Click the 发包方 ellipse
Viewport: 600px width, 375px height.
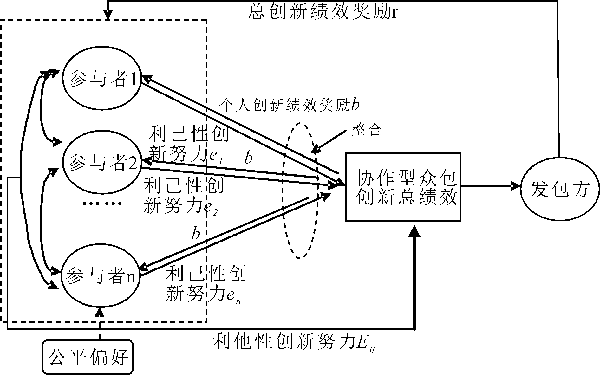(560, 189)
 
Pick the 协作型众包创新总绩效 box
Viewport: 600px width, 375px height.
(403, 187)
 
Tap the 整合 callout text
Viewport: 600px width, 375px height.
(366, 130)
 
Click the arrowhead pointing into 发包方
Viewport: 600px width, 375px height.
(515, 186)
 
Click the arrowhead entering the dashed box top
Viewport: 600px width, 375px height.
(108, 15)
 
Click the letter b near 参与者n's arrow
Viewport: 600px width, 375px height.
(196, 234)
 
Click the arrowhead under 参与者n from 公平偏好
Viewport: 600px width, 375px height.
(100, 312)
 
